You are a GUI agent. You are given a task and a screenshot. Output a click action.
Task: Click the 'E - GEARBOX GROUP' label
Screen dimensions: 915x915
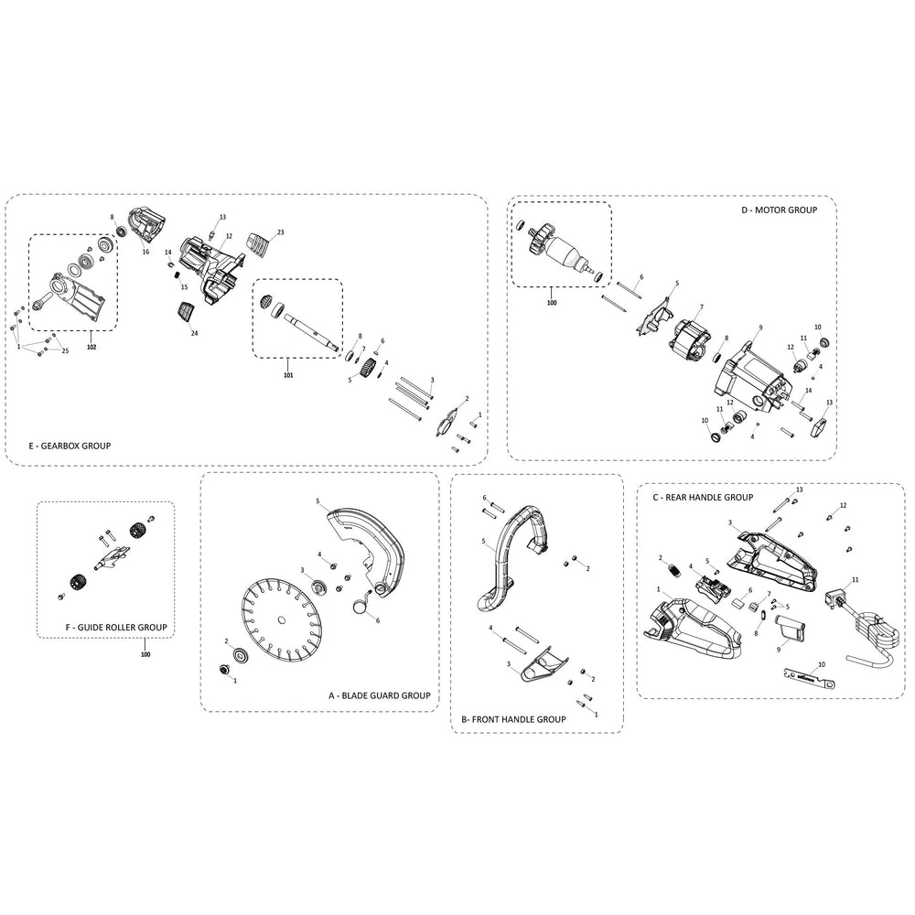pos(70,446)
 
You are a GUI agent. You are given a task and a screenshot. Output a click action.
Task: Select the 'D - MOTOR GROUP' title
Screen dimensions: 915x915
pos(779,210)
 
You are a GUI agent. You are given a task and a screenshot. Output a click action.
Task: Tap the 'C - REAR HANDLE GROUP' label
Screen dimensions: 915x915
pos(702,497)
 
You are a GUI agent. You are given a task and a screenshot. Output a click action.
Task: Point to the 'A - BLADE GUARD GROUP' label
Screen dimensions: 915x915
pos(379,695)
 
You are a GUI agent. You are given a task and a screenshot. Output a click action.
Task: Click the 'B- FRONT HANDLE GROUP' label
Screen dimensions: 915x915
pos(513,719)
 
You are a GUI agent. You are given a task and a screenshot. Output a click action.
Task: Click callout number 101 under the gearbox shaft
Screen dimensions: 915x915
pos(288,374)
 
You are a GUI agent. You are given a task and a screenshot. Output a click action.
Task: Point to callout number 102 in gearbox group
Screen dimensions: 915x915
pos(91,346)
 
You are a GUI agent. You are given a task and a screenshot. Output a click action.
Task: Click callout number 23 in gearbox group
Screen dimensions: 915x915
pos(280,232)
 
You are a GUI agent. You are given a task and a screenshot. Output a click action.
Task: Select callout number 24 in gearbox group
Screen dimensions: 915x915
pos(194,333)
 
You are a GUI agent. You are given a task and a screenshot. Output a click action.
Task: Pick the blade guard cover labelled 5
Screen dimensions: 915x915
pos(371,544)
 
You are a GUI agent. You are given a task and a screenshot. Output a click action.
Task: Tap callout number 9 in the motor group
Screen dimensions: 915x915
pos(759,328)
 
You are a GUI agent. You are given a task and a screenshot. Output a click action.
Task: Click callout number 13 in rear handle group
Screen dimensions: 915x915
pos(799,490)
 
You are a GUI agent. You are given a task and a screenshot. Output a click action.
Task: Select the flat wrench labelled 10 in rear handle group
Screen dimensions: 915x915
pos(810,676)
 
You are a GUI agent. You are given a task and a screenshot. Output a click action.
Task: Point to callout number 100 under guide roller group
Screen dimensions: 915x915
pos(145,654)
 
